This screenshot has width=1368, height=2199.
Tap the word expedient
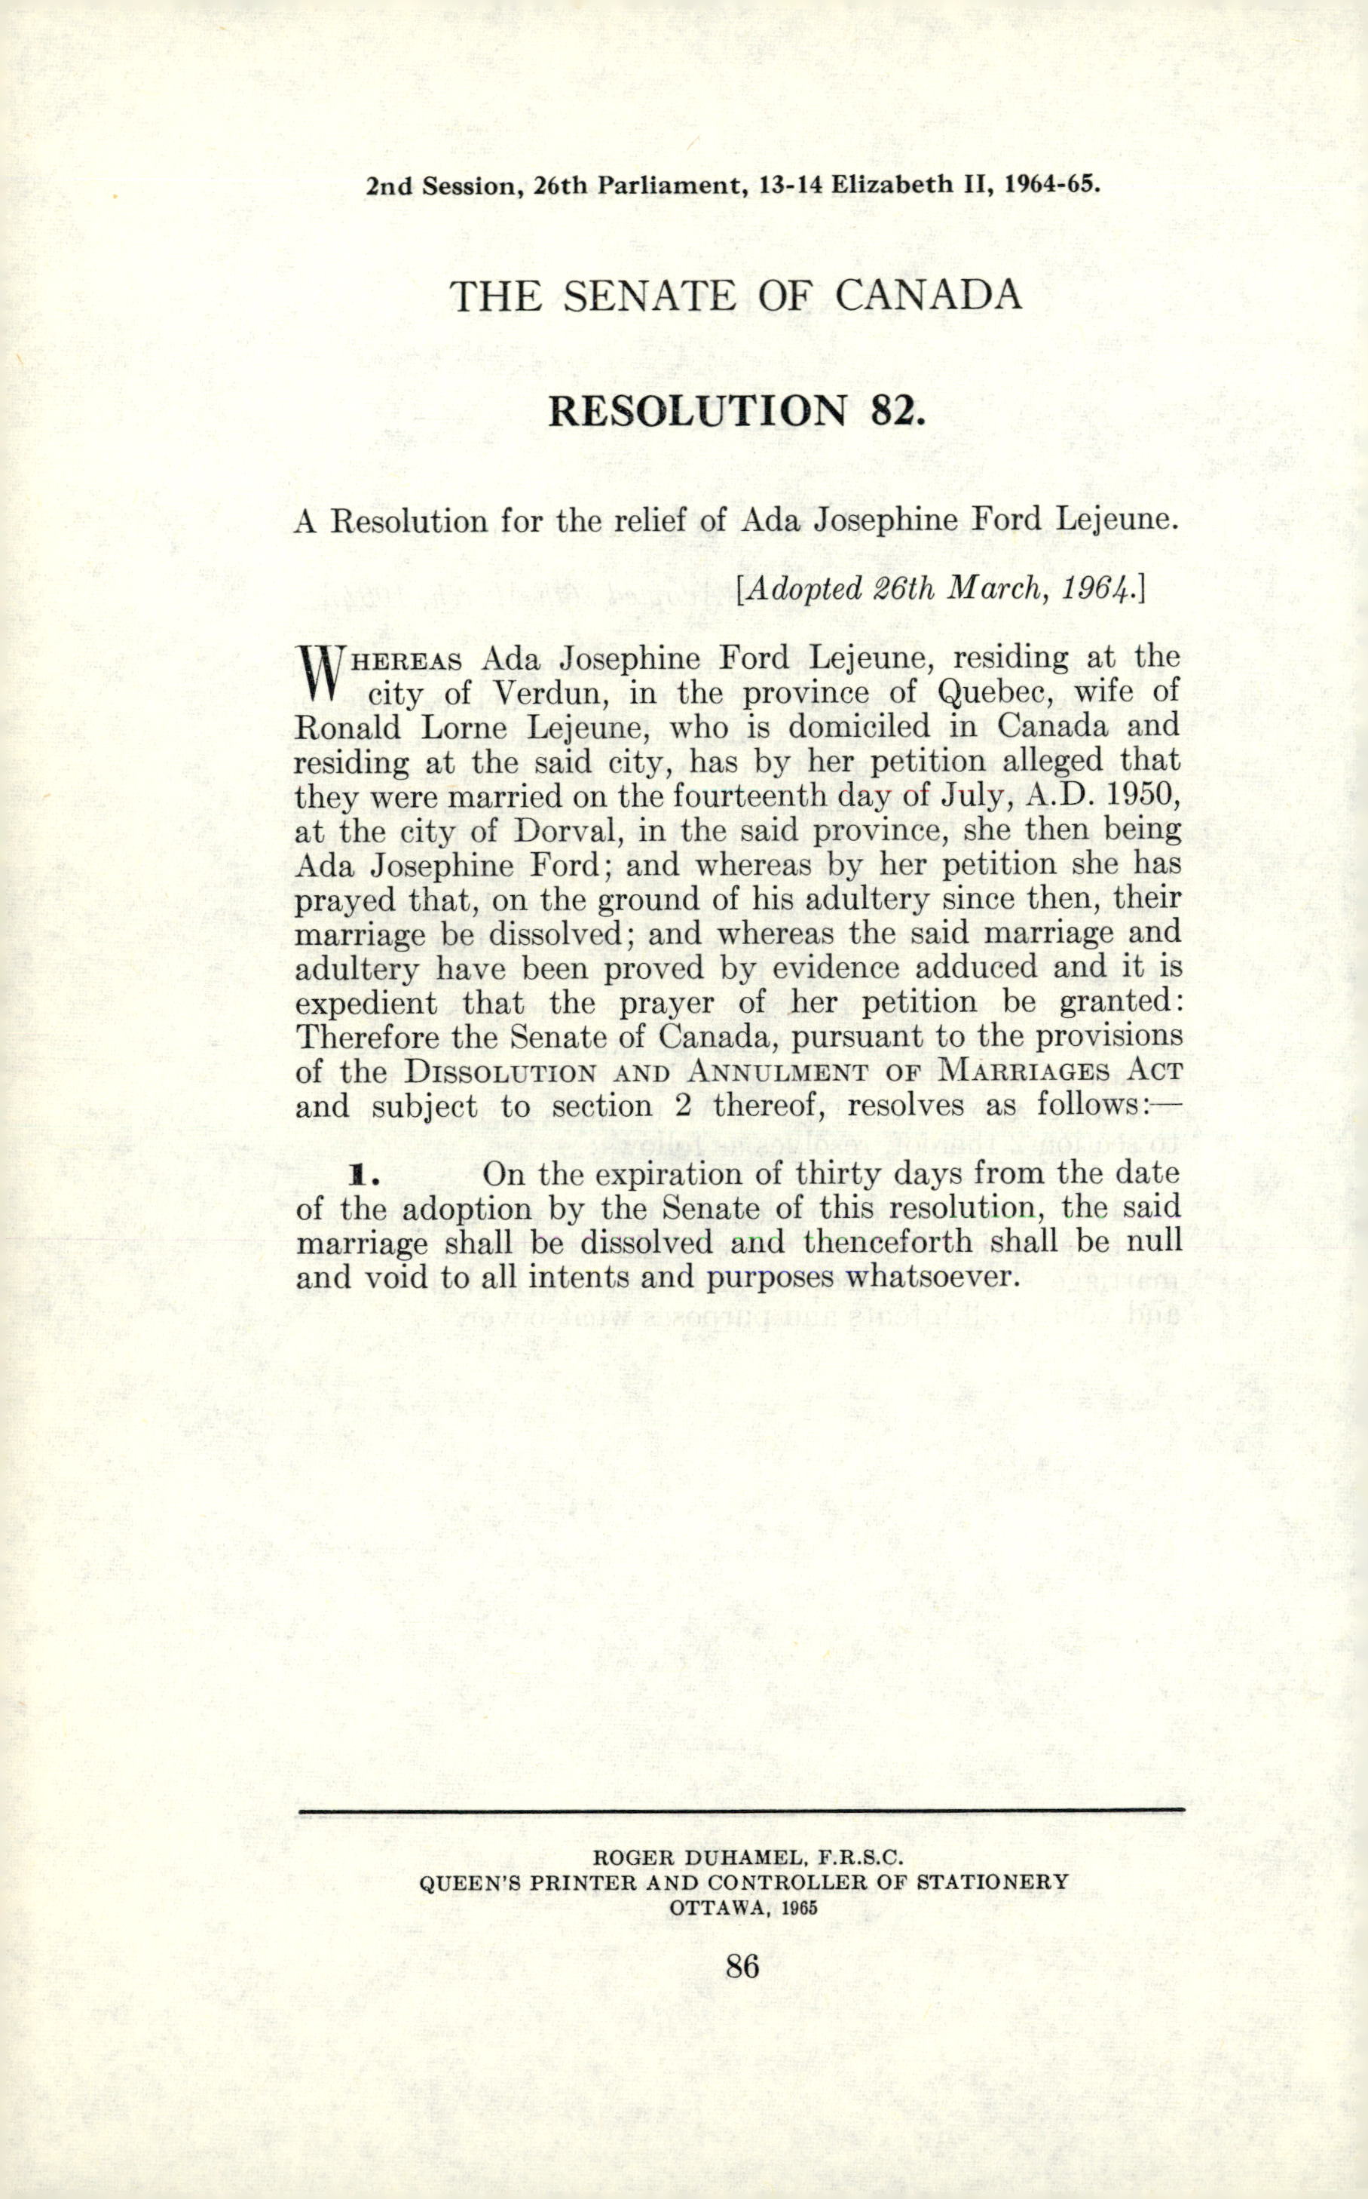[366, 1004]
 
